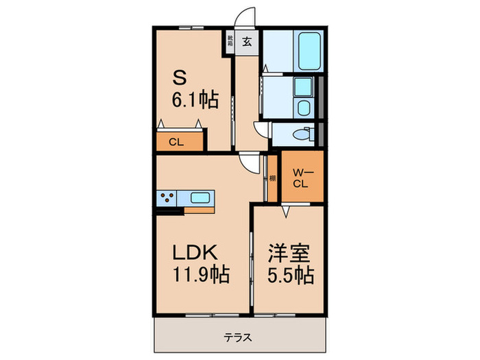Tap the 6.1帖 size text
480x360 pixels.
pyautogui.click(x=195, y=100)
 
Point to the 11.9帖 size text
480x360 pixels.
pyautogui.click(x=200, y=276)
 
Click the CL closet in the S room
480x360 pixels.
pyautogui.click(x=176, y=142)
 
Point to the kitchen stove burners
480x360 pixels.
pyautogui.click(x=167, y=199)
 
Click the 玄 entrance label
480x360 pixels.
pyautogui.click(x=247, y=41)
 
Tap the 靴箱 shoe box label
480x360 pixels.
pyautogui.click(x=230, y=40)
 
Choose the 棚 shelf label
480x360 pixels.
pyautogui.click(x=272, y=178)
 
